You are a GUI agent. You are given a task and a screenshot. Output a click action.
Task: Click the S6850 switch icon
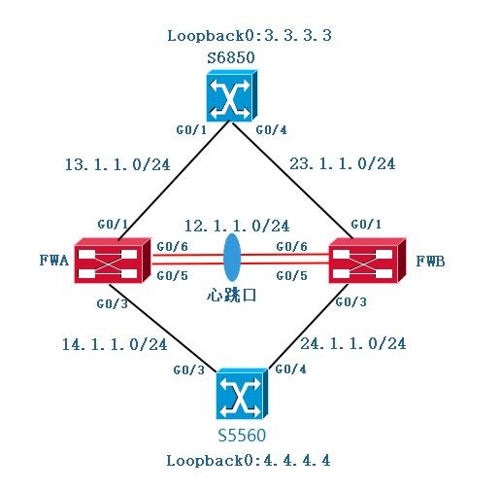pyautogui.click(x=228, y=98)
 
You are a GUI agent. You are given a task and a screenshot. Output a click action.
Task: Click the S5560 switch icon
pyautogui.click(x=242, y=393)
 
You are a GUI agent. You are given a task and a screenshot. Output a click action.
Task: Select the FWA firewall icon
pyautogui.click(x=110, y=261)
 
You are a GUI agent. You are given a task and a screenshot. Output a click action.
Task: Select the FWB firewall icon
pyautogui.click(x=366, y=262)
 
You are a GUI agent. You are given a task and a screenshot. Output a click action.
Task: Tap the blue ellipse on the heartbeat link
pyautogui.click(x=232, y=260)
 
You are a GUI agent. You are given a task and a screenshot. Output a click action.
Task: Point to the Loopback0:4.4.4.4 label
pyautogui.click(x=249, y=460)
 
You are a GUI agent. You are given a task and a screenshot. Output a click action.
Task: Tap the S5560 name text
pyautogui.click(x=242, y=435)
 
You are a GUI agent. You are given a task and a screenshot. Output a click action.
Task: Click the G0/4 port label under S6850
pyautogui.click(x=267, y=129)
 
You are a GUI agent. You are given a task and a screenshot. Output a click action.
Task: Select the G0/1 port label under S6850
pyautogui.click(x=189, y=129)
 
